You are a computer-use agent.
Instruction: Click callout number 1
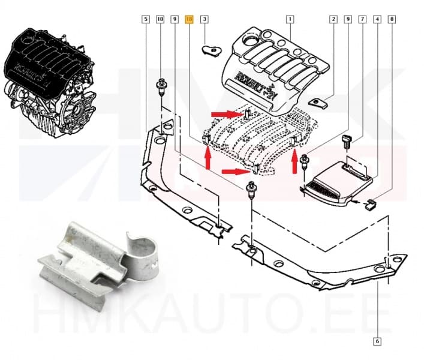click(x=290, y=20)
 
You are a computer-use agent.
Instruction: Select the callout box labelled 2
click(x=333, y=20)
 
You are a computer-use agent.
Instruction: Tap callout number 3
click(x=205, y=20)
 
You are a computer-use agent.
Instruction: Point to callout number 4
click(x=377, y=20)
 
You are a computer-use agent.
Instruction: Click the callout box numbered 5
click(x=145, y=20)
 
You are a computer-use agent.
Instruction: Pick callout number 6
click(x=377, y=342)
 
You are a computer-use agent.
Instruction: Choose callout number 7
click(x=362, y=20)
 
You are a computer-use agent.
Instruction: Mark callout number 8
click(x=392, y=20)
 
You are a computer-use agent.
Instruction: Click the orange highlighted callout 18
click(x=190, y=20)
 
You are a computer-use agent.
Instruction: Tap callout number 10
click(x=160, y=20)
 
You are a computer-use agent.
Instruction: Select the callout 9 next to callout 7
click(x=347, y=20)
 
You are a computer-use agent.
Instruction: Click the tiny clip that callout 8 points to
click(x=371, y=205)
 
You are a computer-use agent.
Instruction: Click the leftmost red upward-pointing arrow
click(x=208, y=160)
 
